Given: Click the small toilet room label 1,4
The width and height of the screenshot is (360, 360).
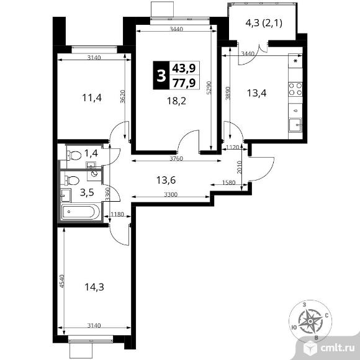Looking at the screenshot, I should tap(91, 153).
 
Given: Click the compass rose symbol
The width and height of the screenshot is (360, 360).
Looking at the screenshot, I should tap(308, 320).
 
